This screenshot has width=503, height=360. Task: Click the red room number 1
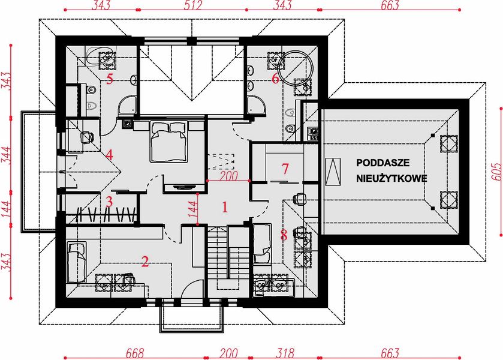coord(225,208)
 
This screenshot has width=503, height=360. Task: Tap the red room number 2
coord(144,261)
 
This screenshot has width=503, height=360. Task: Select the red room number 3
coord(109,202)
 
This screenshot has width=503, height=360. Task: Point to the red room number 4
coord(109,155)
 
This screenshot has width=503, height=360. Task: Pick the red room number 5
coord(109,79)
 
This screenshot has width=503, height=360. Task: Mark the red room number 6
coord(275,79)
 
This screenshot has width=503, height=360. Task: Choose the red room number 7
coord(285,167)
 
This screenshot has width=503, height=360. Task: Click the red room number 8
coord(284,235)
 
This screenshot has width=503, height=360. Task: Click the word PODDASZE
coord(382,163)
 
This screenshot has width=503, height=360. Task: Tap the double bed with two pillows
coord(169,142)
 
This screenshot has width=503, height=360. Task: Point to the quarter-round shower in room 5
coord(126,107)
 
